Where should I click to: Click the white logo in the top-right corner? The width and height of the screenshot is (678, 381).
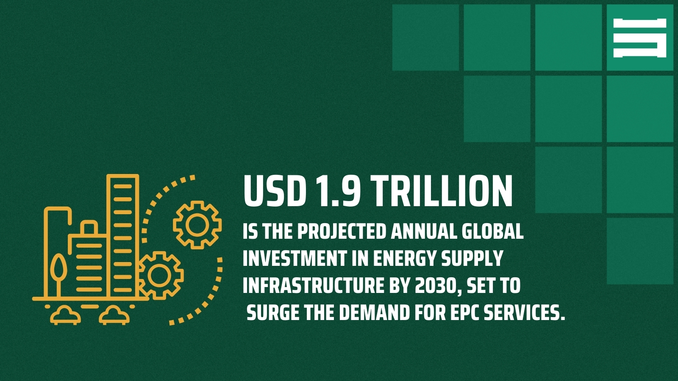[639, 38]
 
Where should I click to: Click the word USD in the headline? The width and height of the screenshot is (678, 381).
[275, 191]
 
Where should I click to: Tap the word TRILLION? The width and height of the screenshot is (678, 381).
[442, 191]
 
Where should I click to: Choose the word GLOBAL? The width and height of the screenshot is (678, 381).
[492, 232]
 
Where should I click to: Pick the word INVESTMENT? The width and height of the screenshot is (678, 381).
[294, 259]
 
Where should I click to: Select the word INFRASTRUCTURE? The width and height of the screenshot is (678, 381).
[313, 286]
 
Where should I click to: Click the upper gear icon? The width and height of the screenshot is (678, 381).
[197, 225]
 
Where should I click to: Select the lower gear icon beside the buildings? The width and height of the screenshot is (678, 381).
[160, 275]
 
